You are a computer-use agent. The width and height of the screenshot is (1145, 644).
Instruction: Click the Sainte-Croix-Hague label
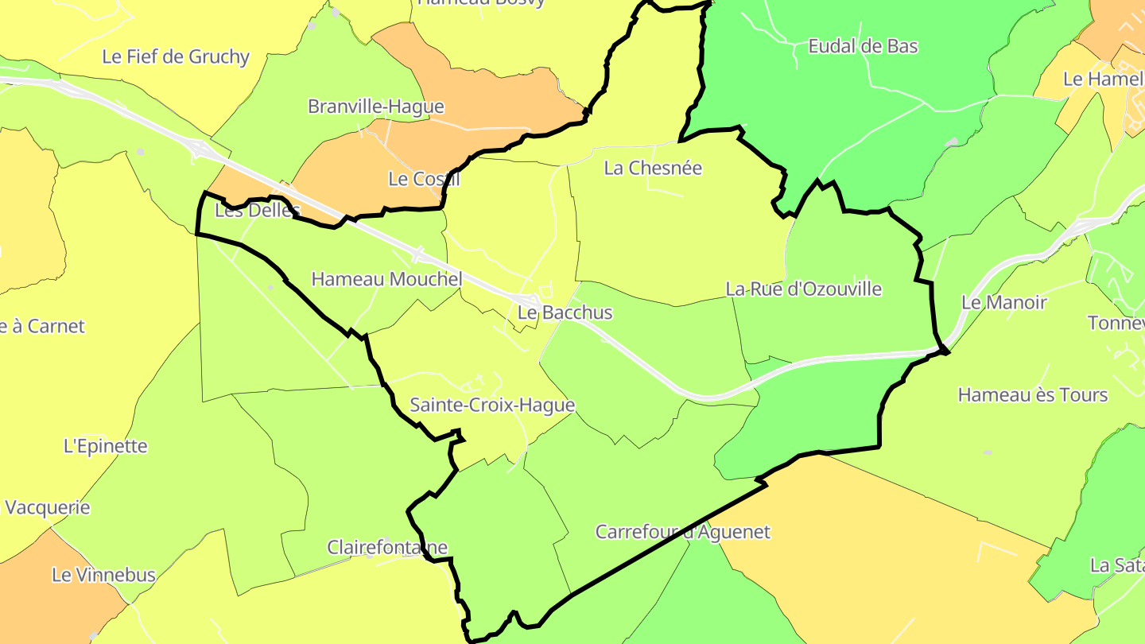point(491,405)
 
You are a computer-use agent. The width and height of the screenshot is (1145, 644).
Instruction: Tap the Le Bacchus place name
point(565,312)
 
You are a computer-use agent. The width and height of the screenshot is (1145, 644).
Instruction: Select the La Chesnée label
point(653,168)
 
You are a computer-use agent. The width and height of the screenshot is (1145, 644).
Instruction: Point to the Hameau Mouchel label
point(386,279)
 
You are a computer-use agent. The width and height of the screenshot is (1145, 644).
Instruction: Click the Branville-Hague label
point(375,107)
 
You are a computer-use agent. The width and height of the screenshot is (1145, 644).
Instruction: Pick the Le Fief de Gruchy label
point(176,56)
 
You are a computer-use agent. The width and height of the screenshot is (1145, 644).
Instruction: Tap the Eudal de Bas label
point(863,46)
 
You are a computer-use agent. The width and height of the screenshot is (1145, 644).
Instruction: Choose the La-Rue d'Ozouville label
point(803,289)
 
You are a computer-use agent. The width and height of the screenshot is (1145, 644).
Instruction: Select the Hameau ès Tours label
point(1032,395)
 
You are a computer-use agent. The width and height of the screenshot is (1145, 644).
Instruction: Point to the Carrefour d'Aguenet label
point(683,532)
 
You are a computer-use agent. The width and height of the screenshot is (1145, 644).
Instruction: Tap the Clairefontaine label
point(387,547)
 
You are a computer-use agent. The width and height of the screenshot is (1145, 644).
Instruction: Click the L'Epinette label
point(105,446)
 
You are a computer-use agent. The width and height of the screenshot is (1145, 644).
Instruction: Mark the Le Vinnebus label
point(103,575)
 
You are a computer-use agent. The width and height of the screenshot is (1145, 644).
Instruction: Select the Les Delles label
point(257,211)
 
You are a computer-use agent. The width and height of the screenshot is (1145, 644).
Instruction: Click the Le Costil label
point(424,179)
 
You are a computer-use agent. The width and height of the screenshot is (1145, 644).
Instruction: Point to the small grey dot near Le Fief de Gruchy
point(141,151)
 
